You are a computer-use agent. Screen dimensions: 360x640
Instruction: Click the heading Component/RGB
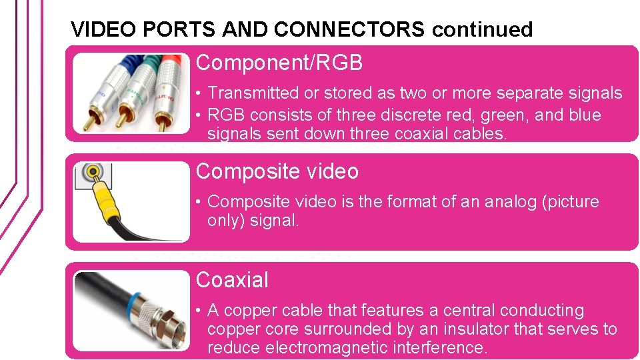coord(279,63)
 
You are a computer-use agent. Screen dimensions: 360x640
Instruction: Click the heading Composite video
coord(277,171)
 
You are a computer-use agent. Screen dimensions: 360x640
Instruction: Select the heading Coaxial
coord(232,280)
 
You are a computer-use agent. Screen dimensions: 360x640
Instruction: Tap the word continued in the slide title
coord(482,29)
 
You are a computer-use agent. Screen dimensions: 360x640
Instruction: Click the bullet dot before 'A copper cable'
coord(199,311)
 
